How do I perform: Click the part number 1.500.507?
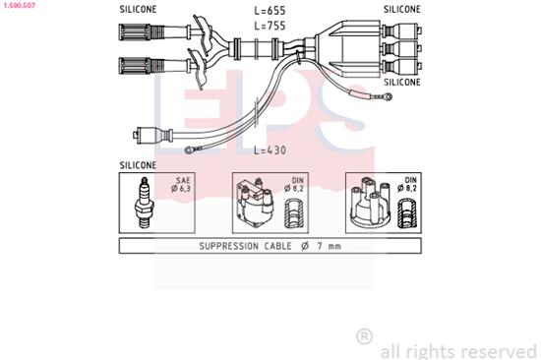(22, 5)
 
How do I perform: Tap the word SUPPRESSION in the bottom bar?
(233, 246)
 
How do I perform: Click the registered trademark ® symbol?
(364, 336)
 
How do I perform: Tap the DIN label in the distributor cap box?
(410, 181)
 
